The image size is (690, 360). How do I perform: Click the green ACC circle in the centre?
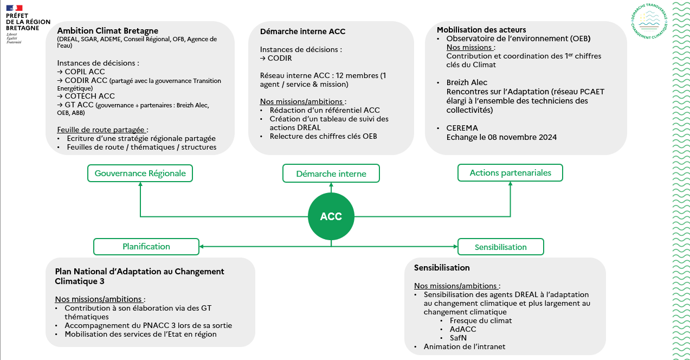click(331, 216)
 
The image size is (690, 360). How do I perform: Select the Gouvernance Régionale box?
click(140, 173)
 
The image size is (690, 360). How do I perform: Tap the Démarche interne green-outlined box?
click(331, 173)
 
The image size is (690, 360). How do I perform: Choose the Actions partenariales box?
click(510, 173)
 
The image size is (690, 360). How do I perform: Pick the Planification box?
click(146, 246)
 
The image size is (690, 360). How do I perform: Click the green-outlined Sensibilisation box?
click(500, 247)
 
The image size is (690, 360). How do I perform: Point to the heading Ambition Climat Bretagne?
click(107, 30)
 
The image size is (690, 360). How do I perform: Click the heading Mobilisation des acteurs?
click(481, 30)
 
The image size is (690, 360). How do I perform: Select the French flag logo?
click(15, 8)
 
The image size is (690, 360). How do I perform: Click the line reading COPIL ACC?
click(81, 72)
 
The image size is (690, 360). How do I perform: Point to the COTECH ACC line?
click(86, 97)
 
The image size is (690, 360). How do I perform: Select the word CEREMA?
click(462, 128)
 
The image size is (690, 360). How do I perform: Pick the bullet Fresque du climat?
click(480, 320)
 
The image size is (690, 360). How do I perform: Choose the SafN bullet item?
click(458, 338)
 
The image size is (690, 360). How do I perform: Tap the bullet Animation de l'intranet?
click(465, 346)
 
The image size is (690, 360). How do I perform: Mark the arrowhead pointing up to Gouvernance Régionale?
click(140, 185)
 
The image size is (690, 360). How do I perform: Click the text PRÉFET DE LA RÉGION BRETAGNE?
click(28, 22)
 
